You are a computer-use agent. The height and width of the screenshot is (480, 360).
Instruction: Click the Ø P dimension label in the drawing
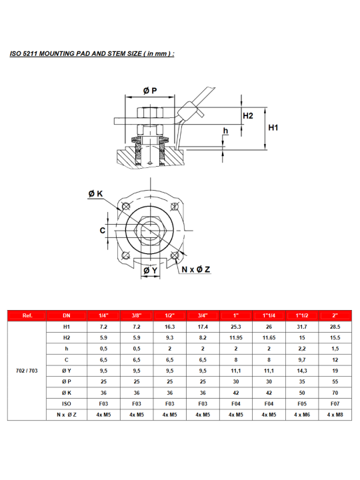pos(150,91)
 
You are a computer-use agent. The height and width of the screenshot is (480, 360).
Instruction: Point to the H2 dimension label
pos(248,116)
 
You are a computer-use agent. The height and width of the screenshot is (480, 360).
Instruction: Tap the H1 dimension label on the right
pos(273,127)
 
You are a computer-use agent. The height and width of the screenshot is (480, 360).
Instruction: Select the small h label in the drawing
pos(225,131)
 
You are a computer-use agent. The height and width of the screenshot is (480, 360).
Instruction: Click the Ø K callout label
pos(95,193)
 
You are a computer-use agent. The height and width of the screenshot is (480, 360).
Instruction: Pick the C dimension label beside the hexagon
pos(103,230)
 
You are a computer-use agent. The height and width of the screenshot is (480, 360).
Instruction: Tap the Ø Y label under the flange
pos(150,270)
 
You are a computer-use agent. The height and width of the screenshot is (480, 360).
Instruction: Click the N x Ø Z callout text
pos(196,269)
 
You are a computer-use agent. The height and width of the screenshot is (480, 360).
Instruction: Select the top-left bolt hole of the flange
pos(126,206)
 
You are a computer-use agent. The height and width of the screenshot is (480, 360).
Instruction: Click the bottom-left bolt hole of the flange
pos(125,255)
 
